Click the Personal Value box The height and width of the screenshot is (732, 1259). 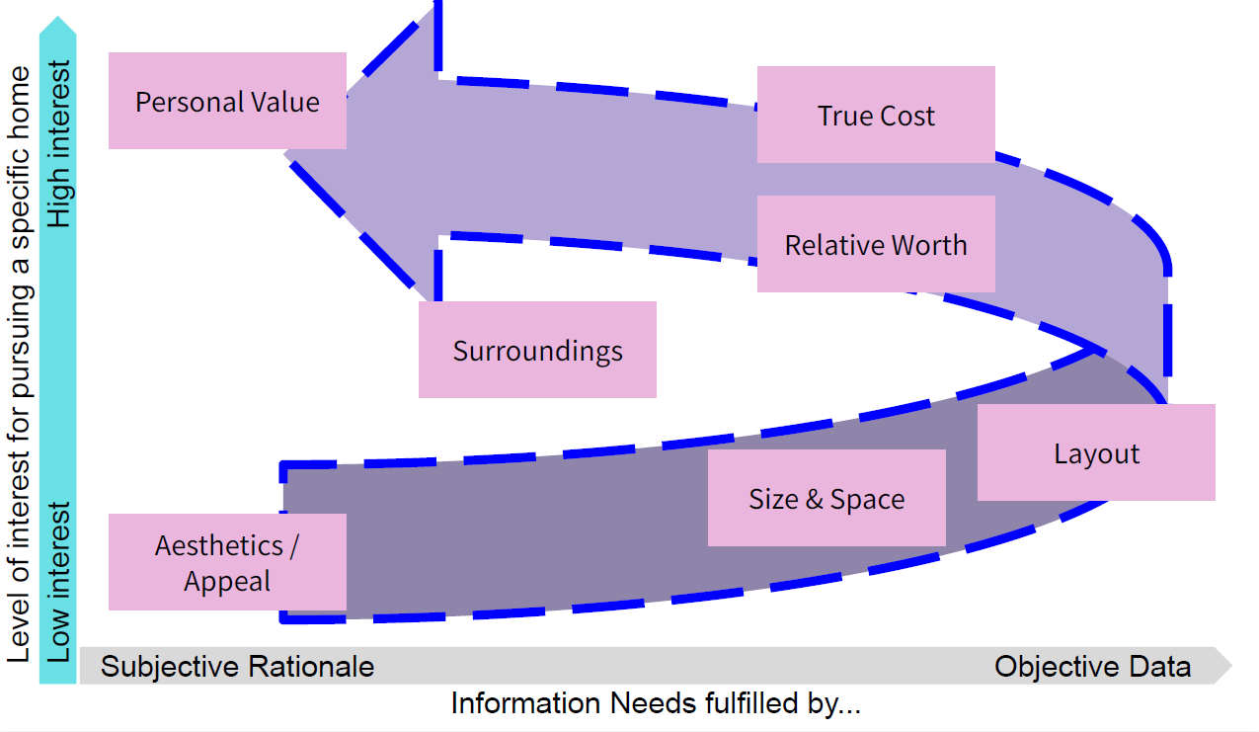[x=227, y=101]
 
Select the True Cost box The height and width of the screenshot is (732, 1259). [x=876, y=115]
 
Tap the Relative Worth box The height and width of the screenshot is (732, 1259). [x=876, y=244]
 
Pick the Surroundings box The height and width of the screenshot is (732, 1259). [x=537, y=350]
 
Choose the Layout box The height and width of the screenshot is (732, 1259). [x=1096, y=453]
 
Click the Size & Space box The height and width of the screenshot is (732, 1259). [x=826, y=498]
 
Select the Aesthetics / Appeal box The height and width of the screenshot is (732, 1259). [x=227, y=562]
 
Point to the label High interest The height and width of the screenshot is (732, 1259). [x=60, y=144]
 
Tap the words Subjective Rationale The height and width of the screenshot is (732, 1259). [x=238, y=667]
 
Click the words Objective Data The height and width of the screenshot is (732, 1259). [x=1092, y=667]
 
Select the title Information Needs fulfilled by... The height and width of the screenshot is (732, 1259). [x=657, y=704]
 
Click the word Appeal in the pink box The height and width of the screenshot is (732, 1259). [x=227, y=581]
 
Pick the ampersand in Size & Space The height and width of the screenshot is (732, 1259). [x=814, y=499]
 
